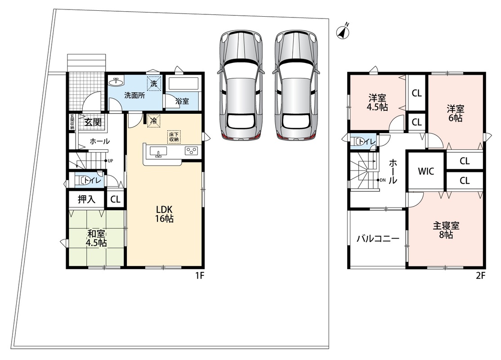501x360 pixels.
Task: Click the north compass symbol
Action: point(343,31)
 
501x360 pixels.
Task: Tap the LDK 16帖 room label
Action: point(165,214)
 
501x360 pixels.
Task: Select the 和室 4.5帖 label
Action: point(96,238)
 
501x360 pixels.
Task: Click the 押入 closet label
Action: point(87,199)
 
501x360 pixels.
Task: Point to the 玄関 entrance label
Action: point(93,122)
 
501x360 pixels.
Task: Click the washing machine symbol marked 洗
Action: point(154,84)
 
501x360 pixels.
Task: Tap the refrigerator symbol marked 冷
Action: point(154,121)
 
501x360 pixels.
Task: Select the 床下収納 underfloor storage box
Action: point(174,136)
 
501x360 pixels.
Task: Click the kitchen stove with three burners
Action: point(192,151)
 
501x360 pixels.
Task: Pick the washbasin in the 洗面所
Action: point(116,82)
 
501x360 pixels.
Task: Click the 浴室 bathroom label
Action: point(182,101)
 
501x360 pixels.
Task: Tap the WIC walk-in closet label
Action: point(426,171)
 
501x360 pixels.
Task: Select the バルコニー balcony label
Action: point(378,238)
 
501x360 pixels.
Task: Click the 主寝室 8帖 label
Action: point(446,230)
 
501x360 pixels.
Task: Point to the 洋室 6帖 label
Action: point(455,113)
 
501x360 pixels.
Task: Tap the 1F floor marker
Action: point(199,275)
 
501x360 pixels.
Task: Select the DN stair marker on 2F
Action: point(381,180)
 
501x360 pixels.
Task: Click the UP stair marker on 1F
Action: point(109,161)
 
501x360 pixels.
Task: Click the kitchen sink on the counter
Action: point(158,151)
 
